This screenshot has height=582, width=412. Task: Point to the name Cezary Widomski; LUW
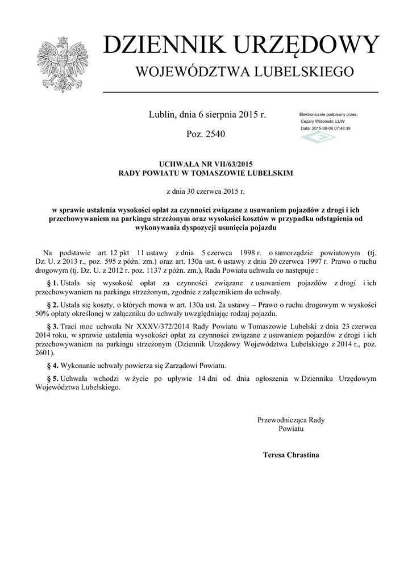coord(322,122)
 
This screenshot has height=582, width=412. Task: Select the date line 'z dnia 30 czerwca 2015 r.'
coord(205,192)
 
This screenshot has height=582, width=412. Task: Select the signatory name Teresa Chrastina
coord(291,455)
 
